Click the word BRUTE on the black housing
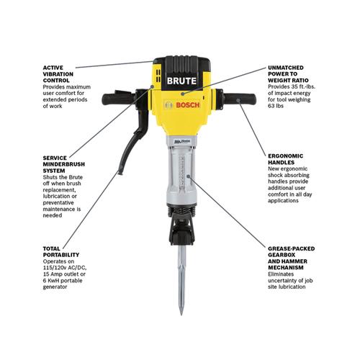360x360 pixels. (x=181, y=81)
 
